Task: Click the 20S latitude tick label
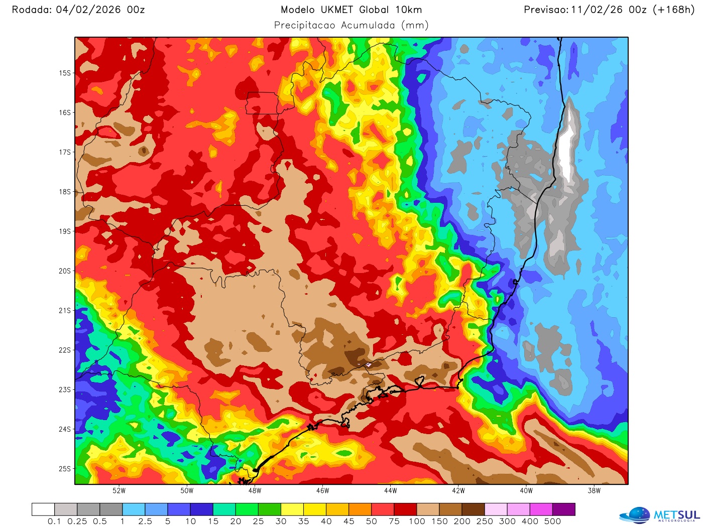65,271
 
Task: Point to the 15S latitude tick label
65,73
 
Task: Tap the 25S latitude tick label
65,469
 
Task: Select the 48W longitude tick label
255,491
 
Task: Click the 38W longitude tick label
594,491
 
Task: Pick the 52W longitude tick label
119,491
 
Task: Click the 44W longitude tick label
390,491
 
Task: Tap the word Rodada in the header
31,10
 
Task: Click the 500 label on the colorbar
552,521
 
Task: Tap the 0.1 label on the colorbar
54,521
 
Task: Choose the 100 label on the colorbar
417,521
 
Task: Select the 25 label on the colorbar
258,521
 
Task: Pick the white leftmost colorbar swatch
43,509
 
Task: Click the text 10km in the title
408,10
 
